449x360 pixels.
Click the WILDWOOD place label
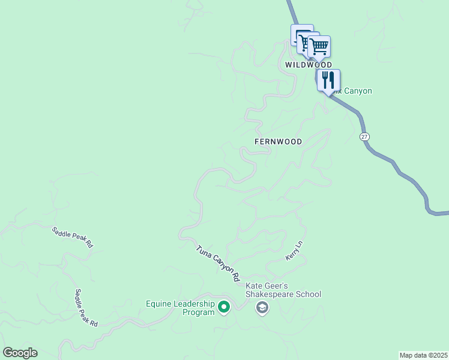coord(308,64)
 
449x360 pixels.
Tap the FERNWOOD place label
coord(278,142)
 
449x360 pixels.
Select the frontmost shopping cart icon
coord(319,46)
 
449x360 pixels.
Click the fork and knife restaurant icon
coord(328,80)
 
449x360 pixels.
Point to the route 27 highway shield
coord(364,137)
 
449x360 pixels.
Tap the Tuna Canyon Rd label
coord(217,263)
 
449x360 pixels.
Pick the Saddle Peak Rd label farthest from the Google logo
coord(72,238)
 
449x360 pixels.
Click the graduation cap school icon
coord(262,308)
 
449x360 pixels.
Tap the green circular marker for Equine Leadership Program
coord(224,308)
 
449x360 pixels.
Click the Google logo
coord(20,353)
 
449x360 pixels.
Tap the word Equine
coord(160,304)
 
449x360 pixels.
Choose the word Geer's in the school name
coord(277,286)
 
